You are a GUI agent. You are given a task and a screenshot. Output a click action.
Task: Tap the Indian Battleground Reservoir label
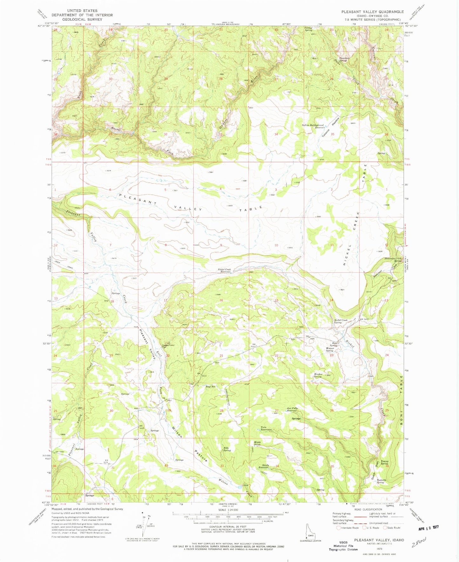click(313, 126)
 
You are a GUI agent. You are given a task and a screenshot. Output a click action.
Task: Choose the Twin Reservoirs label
click(266, 428)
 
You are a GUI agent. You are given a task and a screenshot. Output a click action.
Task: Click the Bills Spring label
click(227, 449)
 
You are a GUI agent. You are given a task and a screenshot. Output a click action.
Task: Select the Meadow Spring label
click(318, 375)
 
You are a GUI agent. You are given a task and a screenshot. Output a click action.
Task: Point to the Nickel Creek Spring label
click(340, 321)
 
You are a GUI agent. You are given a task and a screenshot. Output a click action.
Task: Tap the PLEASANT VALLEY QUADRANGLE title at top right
click(372, 12)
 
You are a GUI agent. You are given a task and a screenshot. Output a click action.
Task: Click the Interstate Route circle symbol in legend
click(339, 528)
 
